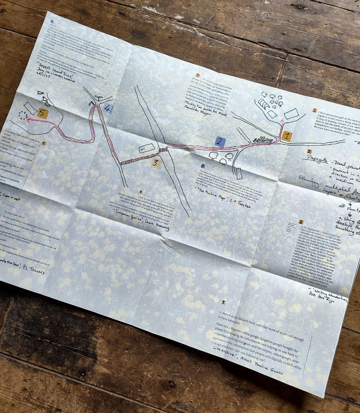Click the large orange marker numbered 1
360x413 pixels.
coord(287,136)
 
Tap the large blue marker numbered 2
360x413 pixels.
coord(220,142)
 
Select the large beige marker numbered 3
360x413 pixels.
coord(155,163)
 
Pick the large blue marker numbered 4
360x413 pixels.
coord(107,108)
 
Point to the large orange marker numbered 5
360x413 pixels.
coord(42,114)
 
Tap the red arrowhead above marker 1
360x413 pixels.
coord(282,121)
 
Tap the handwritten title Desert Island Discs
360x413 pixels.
coord(54,72)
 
